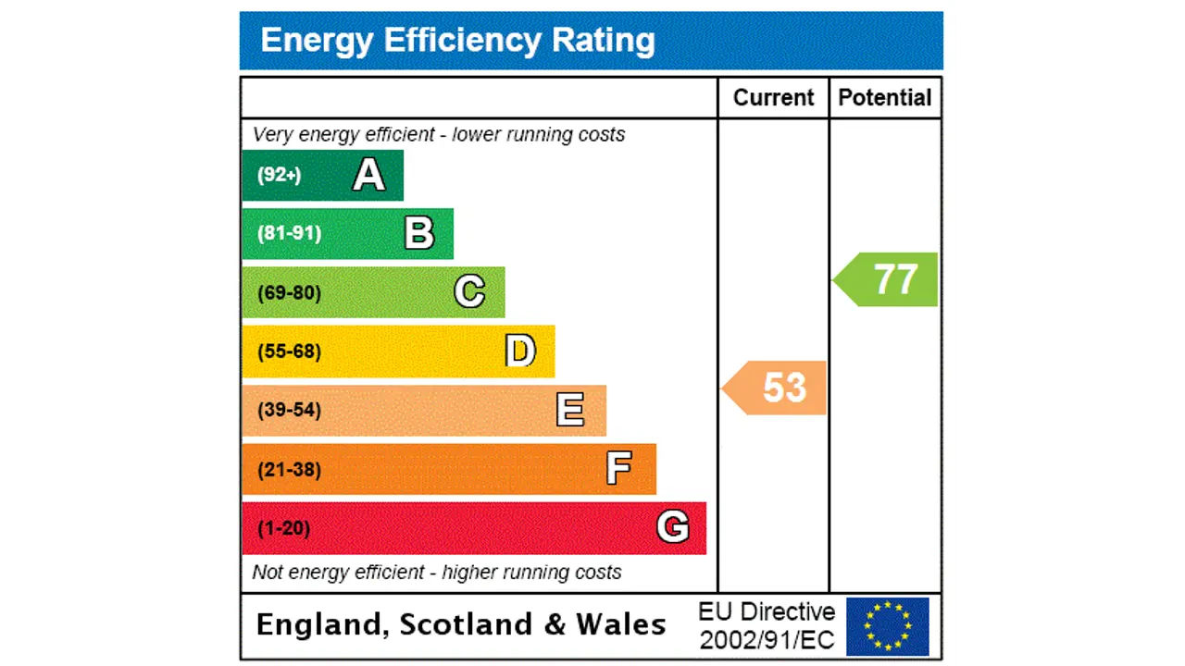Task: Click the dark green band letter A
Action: coord(368,175)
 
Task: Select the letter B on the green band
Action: coord(419,233)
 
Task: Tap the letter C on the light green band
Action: coord(469,292)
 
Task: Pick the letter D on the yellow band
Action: coord(520,351)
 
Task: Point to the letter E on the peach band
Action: coord(570,410)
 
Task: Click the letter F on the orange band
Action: coord(619,469)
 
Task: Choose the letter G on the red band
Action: coord(673,527)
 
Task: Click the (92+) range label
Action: coord(279,175)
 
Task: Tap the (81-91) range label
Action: coord(289,233)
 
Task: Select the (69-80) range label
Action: coord(289,292)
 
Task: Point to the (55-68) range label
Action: coord(289,351)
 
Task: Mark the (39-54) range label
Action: coord(289,410)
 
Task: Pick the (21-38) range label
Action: coord(289,469)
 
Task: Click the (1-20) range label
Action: coord(283,528)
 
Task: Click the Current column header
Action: coord(773,98)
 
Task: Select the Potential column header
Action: coord(885,98)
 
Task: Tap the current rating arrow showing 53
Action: coord(776,388)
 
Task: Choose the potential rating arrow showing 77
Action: coord(887,279)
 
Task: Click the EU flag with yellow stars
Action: coord(887,626)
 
